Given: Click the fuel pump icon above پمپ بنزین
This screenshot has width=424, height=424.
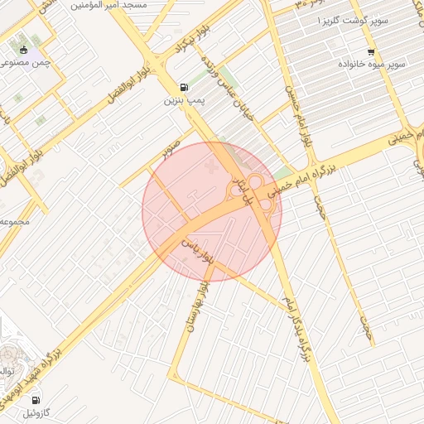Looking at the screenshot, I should click(x=182, y=86).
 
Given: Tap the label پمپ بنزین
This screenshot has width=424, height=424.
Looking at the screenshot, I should click(x=182, y=100).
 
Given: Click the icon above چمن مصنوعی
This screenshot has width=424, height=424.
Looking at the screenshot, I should click(x=24, y=50).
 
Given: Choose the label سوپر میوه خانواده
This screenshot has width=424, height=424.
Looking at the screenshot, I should click(x=371, y=64).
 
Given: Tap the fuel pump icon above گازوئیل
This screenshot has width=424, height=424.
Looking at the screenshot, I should click(x=35, y=400).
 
